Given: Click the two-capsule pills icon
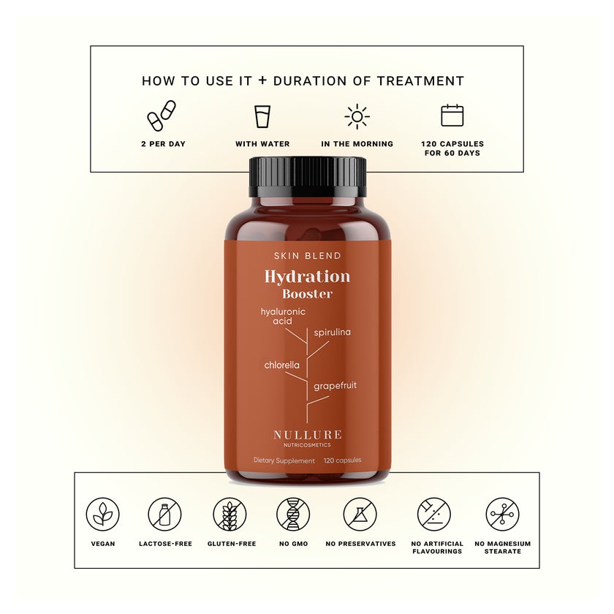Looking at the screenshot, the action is (162, 115).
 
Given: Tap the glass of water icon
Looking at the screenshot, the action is (262, 116).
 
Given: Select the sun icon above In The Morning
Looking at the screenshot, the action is (357, 117).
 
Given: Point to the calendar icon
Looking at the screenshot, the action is (452, 115).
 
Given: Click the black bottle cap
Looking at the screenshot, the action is (308, 177).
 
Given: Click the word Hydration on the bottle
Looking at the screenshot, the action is (308, 276).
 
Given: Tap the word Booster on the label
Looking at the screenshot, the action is (308, 294).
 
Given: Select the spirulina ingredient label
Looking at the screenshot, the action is (332, 333).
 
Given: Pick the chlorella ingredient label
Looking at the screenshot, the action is (282, 365).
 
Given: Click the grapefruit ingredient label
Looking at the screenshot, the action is (336, 386).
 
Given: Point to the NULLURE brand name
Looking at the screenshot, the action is (308, 435).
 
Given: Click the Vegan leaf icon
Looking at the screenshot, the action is (102, 514).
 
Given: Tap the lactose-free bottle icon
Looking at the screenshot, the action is (165, 514).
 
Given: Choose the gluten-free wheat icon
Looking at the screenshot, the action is (230, 514).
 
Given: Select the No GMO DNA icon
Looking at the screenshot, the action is (293, 514).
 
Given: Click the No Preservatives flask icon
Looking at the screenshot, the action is (360, 514).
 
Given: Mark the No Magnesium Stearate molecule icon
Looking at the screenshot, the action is (502, 514).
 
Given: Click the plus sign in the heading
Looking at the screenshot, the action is (262, 80).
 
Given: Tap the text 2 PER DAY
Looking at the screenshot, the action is (163, 144).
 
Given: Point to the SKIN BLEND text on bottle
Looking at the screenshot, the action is (308, 256).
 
